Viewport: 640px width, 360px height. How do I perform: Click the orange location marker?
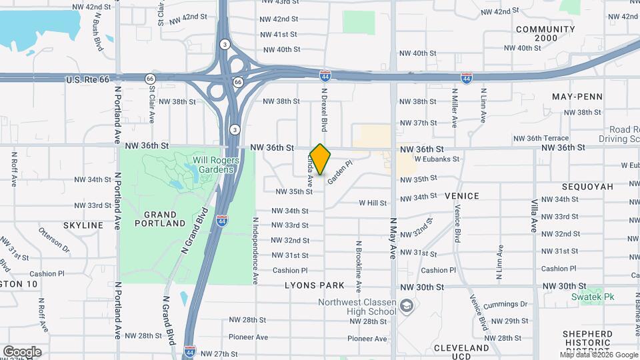(321, 159)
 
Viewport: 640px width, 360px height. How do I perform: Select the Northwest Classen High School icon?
(407, 306)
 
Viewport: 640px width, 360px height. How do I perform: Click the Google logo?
(22, 352)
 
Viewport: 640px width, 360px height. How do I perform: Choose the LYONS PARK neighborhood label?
(315, 285)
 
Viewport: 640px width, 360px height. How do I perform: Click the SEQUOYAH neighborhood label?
(587, 187)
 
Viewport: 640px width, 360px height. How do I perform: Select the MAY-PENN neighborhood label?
(577, 97)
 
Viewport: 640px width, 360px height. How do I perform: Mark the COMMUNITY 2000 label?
(545, 34)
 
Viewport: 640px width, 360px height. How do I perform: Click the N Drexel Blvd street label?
(325, 109)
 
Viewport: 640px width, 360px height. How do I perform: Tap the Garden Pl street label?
(339, 169)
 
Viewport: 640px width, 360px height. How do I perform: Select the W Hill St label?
(373, 203)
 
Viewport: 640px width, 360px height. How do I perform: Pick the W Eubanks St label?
(437, 159)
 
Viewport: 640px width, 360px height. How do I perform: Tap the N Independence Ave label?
(255, 247)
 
